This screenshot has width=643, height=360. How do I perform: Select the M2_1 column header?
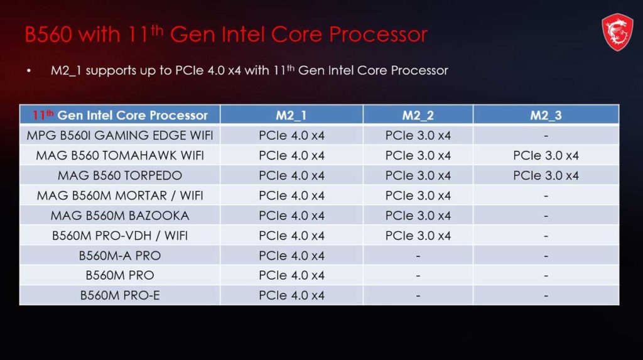click(291, 115)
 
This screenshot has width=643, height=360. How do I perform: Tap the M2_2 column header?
click(418, 115)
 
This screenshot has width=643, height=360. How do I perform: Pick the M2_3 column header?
click(546, 115)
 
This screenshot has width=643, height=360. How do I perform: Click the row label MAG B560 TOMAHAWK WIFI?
click(120, 155)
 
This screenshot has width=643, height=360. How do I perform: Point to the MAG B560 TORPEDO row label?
click(120, 175)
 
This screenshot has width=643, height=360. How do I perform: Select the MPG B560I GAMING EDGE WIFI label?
click(120, 135)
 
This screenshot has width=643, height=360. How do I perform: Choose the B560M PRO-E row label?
click(120, 295)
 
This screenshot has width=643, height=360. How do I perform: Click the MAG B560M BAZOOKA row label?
click(120, 215)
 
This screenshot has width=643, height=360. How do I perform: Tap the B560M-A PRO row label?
click(120, 256)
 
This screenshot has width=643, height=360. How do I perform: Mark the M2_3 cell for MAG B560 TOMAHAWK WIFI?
click(546, 155)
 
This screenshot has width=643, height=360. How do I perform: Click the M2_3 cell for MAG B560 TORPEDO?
click(546, 175)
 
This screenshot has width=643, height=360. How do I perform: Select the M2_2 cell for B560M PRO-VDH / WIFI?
click(418, 236)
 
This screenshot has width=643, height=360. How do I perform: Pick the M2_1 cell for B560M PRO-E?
click(291, 295)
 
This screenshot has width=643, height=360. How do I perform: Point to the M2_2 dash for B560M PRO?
click(418, 276)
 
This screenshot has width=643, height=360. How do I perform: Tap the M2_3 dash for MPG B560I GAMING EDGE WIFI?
click(546, 136)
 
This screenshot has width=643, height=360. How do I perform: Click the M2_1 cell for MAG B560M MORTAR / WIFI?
click(291, 195)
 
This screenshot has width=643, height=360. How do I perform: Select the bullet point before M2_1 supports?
click(29, 70)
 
